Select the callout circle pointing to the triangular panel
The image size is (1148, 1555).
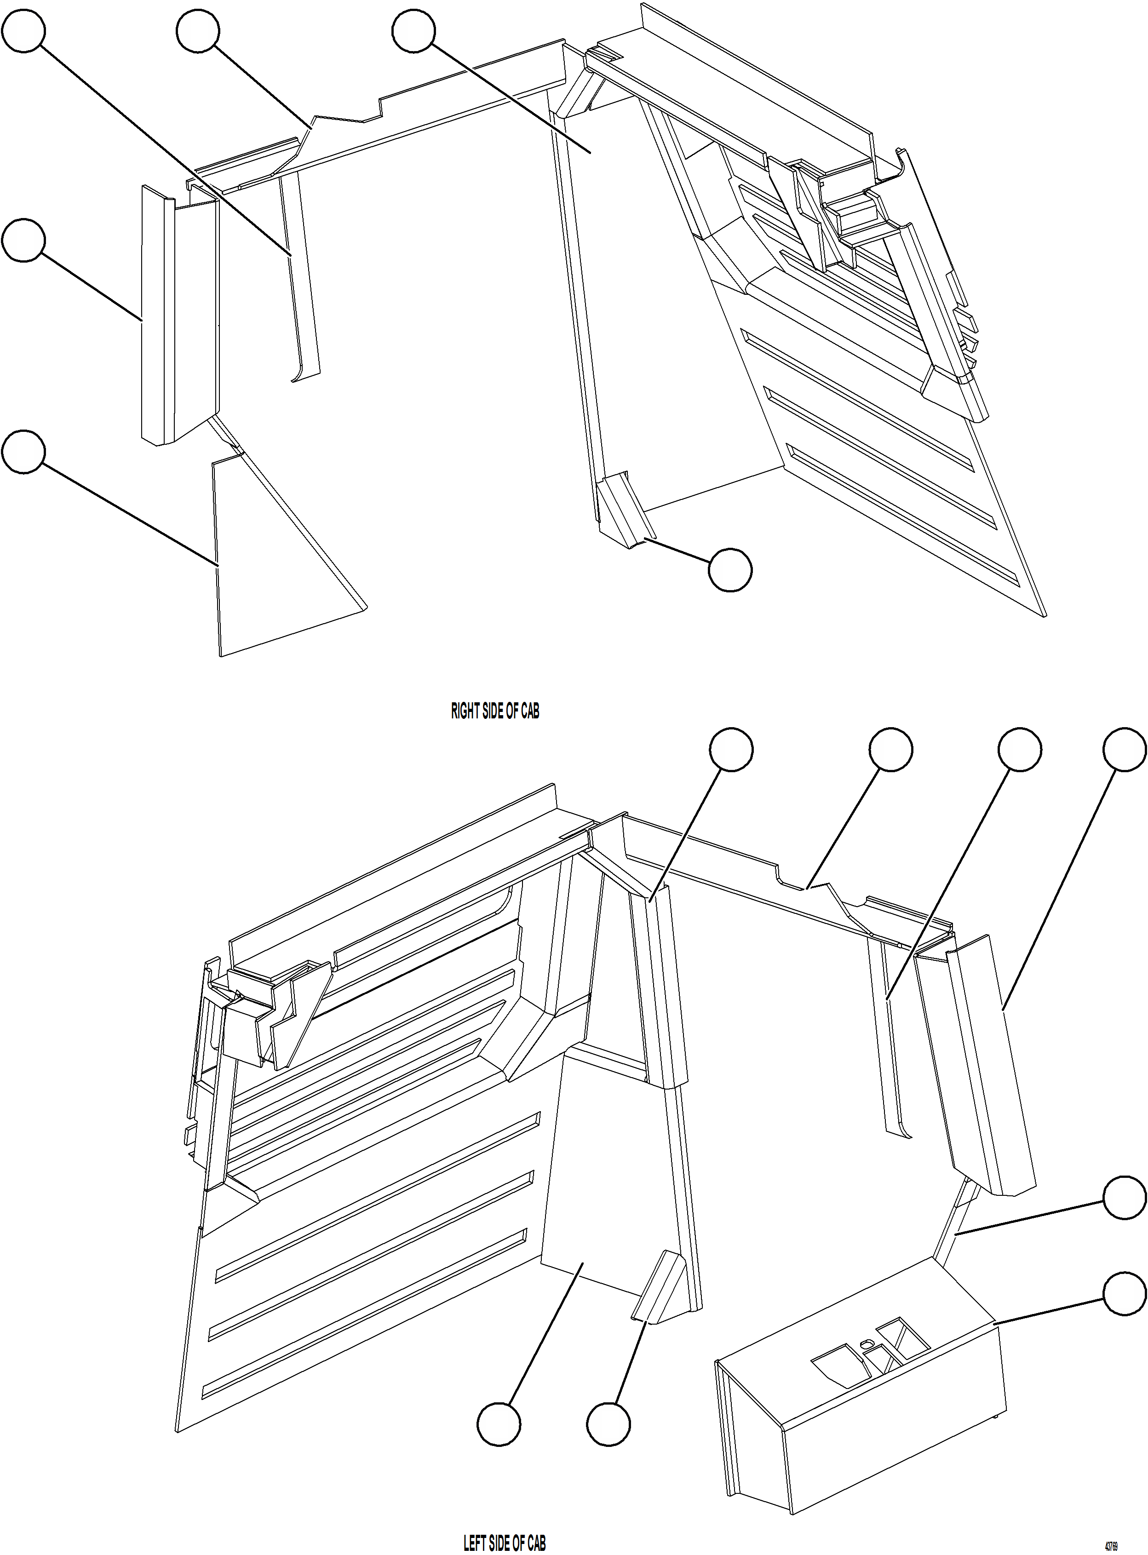click(x=23, y=452)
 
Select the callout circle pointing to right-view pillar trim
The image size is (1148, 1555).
click(x=23, y=241)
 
